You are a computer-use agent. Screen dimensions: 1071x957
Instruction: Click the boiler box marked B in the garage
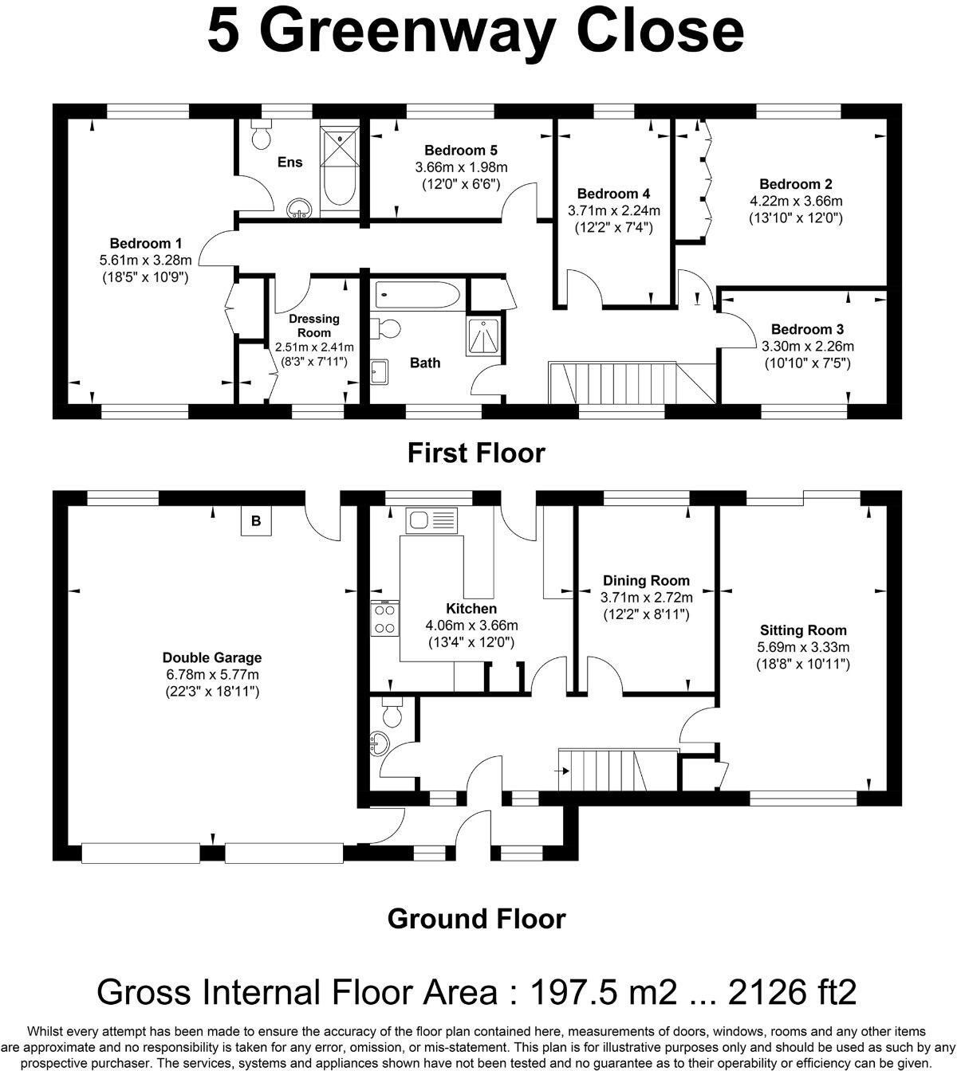tap(256, 522)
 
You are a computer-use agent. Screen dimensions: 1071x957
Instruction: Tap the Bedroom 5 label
tap(461, 151)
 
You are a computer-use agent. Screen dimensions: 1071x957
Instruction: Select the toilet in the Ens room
tap(261, 136)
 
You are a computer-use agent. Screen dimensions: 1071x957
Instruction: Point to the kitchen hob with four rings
tap(384, 618)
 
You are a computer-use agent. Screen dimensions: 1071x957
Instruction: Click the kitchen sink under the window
tap(431, 521)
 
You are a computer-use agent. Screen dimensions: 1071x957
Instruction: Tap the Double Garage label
tap(212, 657)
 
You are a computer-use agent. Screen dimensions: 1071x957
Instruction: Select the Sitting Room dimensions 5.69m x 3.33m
tap(803, 647)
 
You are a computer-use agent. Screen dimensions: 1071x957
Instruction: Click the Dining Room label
tap(646, 580)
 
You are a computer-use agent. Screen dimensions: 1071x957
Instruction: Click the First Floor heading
tap(476, 453)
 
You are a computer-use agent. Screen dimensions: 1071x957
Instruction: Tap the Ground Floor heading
tap(476, 919)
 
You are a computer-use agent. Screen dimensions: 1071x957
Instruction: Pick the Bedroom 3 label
tap(807, 329)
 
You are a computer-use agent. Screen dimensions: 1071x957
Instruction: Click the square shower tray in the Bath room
tap(484, 336)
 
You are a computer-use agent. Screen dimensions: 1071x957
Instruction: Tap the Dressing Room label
tap(314, 325)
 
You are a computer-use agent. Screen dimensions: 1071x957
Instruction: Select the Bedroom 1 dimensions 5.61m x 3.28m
tap(146, 261)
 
